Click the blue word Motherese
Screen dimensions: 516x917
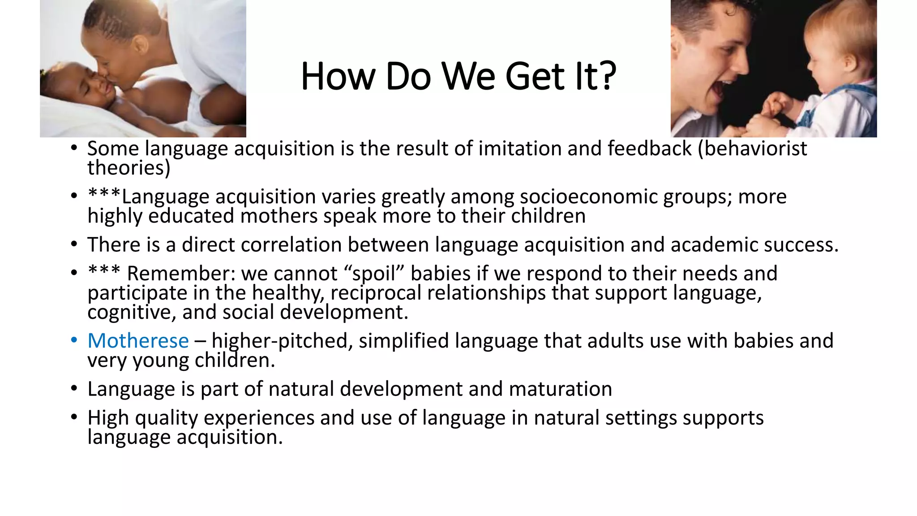[x=138, y=341]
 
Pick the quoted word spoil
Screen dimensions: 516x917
[x=374, y=274]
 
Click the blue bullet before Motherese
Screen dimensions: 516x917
[x=74, y=340]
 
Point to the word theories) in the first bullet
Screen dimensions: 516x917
[x=129, y=168]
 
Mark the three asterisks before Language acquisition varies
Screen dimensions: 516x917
[x=104, y=194]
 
